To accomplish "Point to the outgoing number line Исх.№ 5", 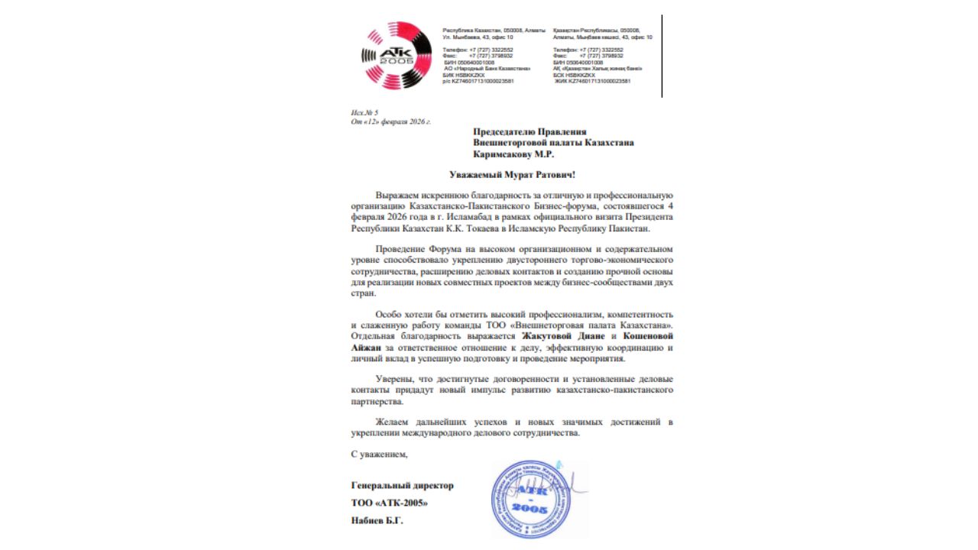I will (364, 113).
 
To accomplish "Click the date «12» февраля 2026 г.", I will (391, 121).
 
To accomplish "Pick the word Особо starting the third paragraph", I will (389, 314).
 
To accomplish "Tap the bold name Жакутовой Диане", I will (565, 335).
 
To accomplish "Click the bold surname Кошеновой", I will (648, 335).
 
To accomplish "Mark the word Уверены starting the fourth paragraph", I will (394, 379).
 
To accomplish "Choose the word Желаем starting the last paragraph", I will (393, 422).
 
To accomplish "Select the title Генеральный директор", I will (402, 486).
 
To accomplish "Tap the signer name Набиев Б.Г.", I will (377, 521).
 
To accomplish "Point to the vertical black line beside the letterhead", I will (662, 56).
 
